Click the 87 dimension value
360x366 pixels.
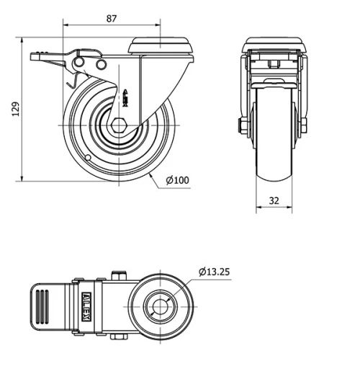point(112,19)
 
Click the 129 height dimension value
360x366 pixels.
point(16,110)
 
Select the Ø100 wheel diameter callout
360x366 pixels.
point(178,180)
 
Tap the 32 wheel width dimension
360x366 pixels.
point(274,200)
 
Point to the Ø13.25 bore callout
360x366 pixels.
point(214,272)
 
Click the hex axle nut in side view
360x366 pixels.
point(118,125)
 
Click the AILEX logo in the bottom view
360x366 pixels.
point(86,306)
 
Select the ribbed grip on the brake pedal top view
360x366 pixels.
point(42,307)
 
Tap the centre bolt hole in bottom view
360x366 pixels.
point(160,307)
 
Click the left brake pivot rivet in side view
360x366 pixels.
point(78,63)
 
